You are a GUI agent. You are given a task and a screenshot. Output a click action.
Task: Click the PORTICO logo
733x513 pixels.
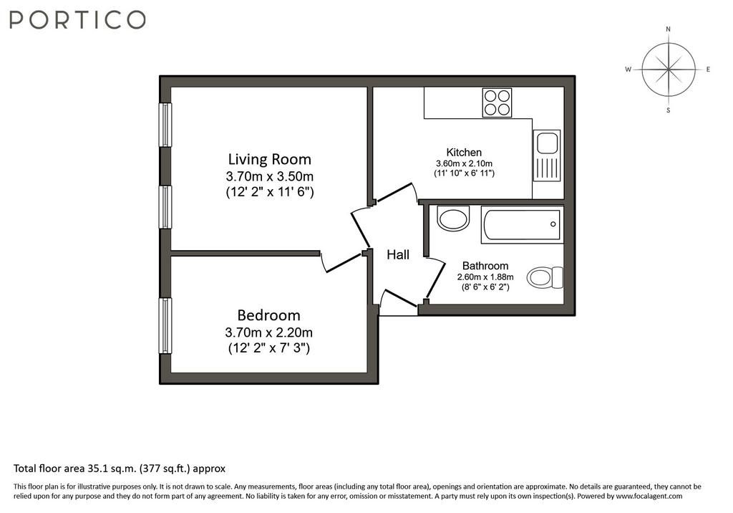[77, 20]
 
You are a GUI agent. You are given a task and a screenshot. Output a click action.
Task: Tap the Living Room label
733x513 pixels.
[270, 159]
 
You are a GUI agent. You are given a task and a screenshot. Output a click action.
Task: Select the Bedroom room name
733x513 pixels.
[269, 315]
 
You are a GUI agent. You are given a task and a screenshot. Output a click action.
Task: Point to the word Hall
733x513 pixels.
[398, 254]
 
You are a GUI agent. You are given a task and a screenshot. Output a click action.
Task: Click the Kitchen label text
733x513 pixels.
[464, 152]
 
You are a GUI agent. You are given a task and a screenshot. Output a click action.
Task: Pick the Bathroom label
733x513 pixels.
[485, 266]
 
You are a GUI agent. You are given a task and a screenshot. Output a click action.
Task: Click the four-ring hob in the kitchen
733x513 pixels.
[497, 102]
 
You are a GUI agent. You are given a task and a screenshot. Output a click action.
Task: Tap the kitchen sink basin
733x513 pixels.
[547, 143]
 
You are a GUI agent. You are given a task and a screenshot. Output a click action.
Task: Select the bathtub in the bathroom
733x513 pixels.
[522, 225]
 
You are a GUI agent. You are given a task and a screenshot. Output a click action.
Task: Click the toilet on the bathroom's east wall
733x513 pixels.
[545, 277]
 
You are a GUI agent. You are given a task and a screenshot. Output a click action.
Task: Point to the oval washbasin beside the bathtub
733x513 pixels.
[453, 218]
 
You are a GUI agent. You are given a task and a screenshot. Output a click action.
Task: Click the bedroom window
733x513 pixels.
[165, 326]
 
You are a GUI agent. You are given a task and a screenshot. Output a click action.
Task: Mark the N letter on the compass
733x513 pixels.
[668, 29]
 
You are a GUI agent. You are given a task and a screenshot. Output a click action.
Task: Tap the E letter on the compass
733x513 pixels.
[708, 69]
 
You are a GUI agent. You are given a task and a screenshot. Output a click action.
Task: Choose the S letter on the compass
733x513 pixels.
[669, 110]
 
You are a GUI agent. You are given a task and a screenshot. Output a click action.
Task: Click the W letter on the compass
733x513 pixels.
[628, 69]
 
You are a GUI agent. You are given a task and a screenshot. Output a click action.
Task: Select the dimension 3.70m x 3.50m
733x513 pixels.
[270, 176]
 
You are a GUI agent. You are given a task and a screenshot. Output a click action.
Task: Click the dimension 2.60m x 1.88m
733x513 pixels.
[485, 277]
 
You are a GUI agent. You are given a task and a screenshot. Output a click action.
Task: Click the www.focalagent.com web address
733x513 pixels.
[649, 496]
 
